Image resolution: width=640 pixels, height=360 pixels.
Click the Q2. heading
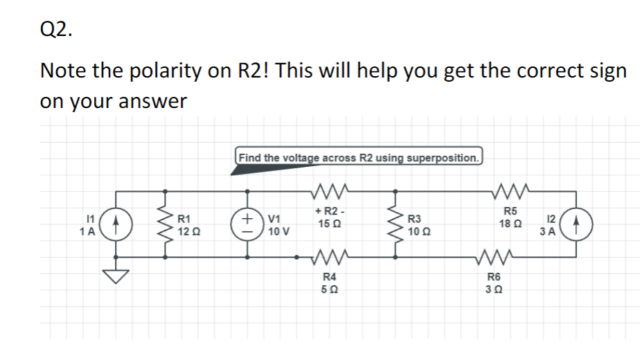[x=55, y=29]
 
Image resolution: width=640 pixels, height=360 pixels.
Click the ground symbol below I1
[x=116, y=276]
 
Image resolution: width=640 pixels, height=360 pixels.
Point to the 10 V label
[x=278, y=232]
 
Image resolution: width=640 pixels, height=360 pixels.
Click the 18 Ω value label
[x=510, y=224]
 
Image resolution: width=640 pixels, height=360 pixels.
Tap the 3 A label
[x=546, y=232]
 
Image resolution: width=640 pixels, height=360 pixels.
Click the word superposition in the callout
[x=442, y=157]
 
